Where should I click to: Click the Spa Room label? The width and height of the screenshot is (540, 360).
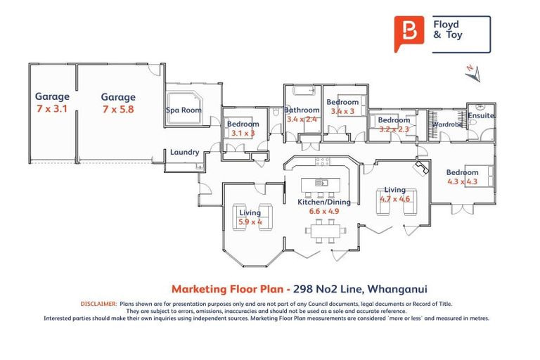[184, 110]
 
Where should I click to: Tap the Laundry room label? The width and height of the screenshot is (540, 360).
[184, 152]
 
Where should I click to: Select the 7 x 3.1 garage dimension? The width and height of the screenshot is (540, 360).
[53, 109]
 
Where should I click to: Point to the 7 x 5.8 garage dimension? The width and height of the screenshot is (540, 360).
[118, 110]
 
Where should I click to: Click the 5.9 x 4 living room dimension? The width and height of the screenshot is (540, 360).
[250, 222]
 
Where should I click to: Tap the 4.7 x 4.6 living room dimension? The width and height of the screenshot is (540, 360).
[394, 199]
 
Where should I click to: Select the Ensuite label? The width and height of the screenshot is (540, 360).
[481, 115]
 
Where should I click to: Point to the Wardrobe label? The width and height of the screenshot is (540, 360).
[447, 124]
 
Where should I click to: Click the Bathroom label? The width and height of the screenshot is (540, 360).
[302, 110]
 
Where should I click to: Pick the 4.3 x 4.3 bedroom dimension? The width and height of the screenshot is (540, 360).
[463, 181]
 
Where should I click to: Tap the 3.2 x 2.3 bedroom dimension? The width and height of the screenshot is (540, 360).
[394, 129]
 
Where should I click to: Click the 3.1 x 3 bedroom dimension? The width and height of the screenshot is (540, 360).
[243, 133]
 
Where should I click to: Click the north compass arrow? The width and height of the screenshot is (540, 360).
[475, 72]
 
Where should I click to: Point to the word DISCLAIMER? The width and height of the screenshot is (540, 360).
[98, 304]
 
